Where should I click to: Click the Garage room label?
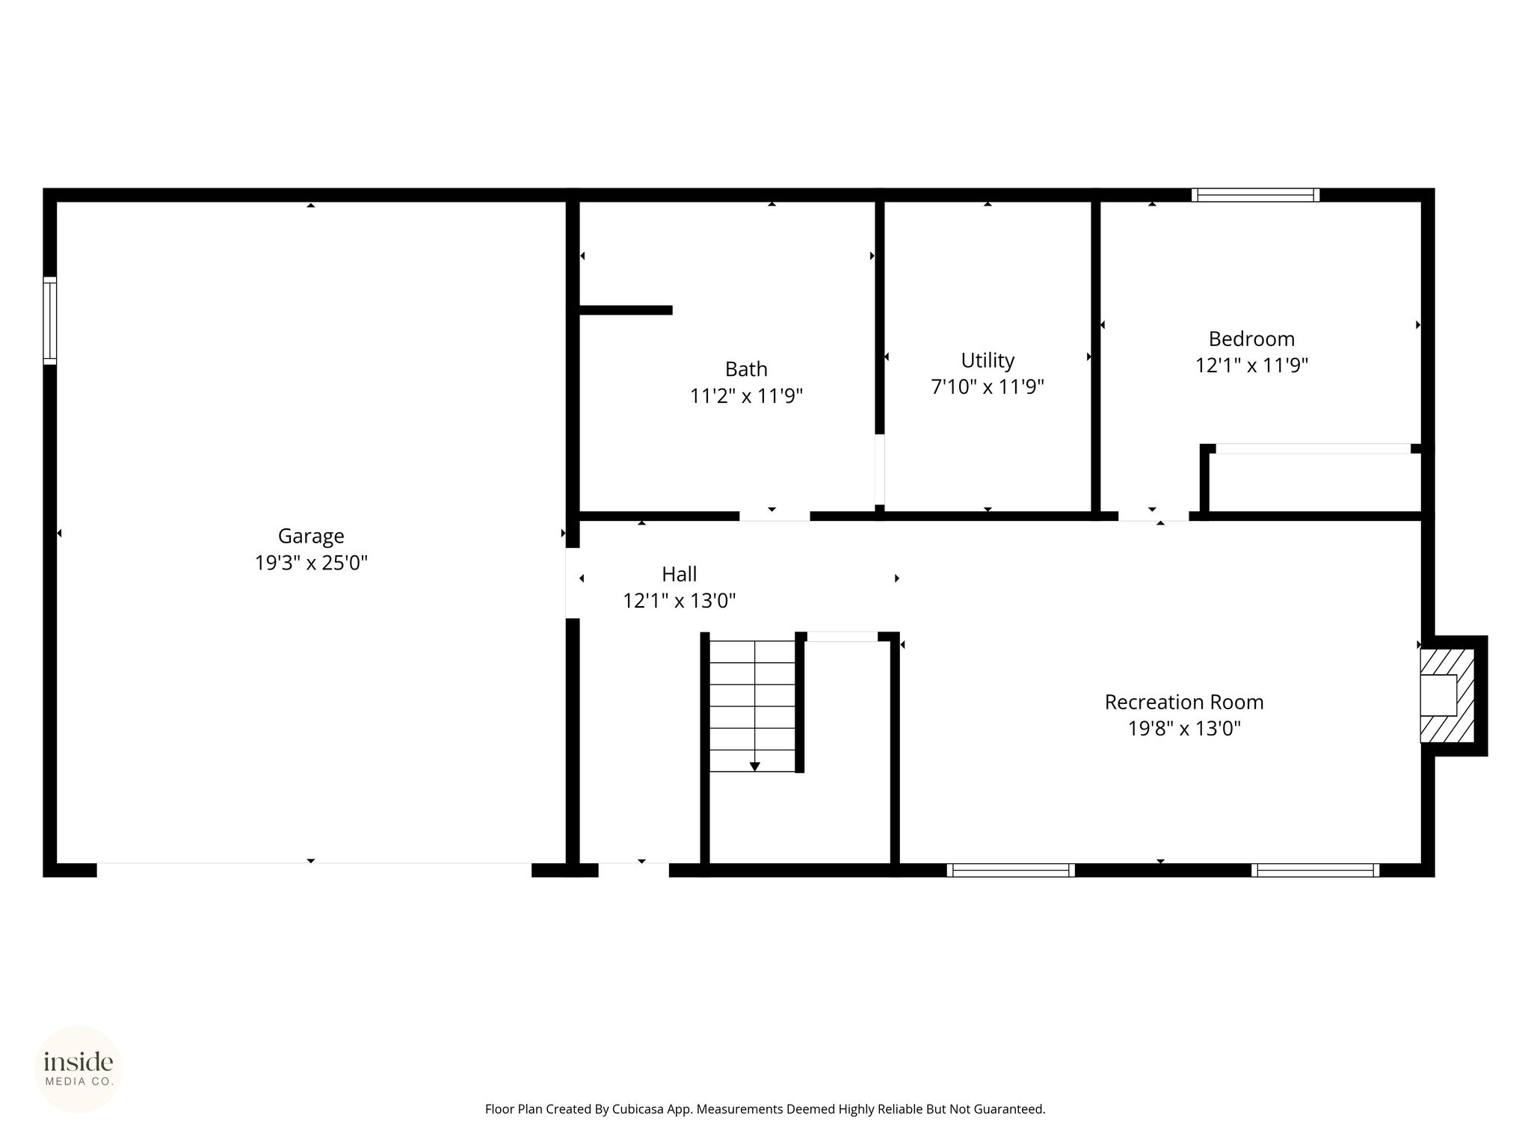click(x=311, y=537)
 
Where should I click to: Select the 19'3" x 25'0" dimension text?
click(x=311, y=563)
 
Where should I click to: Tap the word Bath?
click(x=746, y=369)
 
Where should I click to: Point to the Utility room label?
click(x=988, y=361)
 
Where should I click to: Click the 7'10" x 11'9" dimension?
click(x=988, y=387)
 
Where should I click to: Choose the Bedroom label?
click(x=1251, y=339)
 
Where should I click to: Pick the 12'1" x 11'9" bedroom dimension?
click(x=1251, y=365)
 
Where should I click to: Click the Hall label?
click(x=679, y=574)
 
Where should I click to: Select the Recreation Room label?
click(x=1184, y=703)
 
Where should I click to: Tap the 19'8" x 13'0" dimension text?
click(x=1184, y=729)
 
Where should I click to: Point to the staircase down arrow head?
click(x=755, y=766)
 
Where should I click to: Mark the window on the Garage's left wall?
click(x=50, y=321)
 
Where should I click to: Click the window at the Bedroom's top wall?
click(x=1255, y=195)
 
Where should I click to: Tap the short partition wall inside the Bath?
click(x=626, y=310)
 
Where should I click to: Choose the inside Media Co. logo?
click(x=78, y=1069)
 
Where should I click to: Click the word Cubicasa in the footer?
click(x=639, y=1109)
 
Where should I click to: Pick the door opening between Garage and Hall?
click(x=573, y=584)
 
